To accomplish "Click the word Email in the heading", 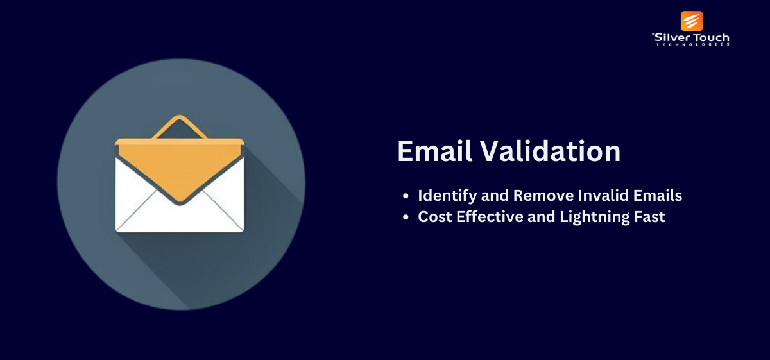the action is click(434, 151).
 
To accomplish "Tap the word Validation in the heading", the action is click(551, 151).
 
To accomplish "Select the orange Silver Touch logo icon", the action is click(692, 21).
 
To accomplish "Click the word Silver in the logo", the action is click(671, 38).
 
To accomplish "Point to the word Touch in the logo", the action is click(710, 38).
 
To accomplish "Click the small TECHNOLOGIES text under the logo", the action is click(692, 44).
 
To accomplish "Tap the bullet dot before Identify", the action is click(406, 196).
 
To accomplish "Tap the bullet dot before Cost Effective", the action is click(406, 218).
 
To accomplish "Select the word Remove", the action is click(543, 195).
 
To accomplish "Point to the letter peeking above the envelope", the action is click(180, 127).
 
